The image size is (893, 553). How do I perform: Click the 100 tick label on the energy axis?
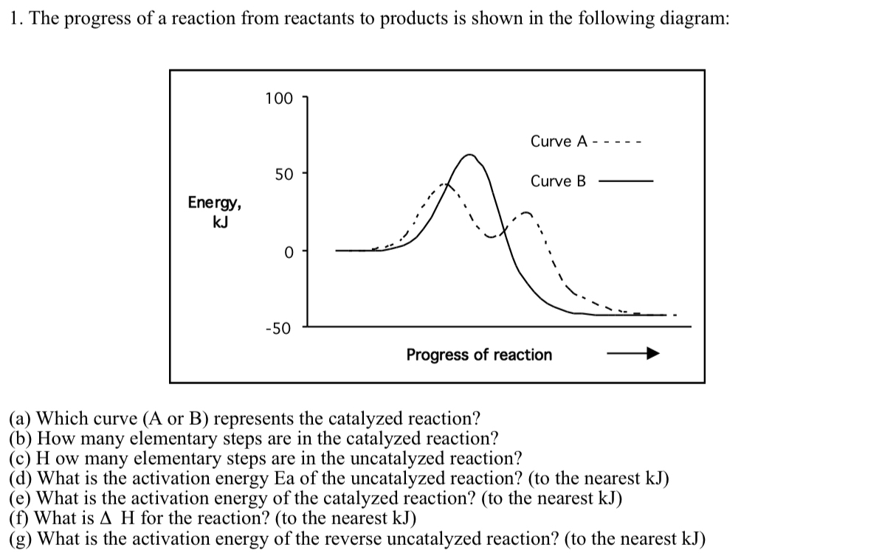[x=278, y=98]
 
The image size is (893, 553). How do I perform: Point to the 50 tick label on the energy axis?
[x=283, y=175]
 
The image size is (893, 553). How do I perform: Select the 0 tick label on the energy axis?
[x=289, y=251]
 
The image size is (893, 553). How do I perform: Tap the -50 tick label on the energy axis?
[x=278, y=327]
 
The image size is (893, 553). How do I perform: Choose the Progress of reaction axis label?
[x=479, y=355]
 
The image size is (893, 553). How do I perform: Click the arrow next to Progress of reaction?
[x=632, y=355]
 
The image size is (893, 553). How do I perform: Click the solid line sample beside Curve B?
[x=626, y=181]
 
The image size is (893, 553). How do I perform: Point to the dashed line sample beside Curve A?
[x=618, y=142]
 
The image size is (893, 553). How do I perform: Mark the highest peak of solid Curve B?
[x=469, y=155]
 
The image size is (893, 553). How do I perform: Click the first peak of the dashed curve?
[x=444, y=184]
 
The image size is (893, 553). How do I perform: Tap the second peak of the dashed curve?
[x=525, y=213]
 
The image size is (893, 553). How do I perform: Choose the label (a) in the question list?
[x=21, y=419]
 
